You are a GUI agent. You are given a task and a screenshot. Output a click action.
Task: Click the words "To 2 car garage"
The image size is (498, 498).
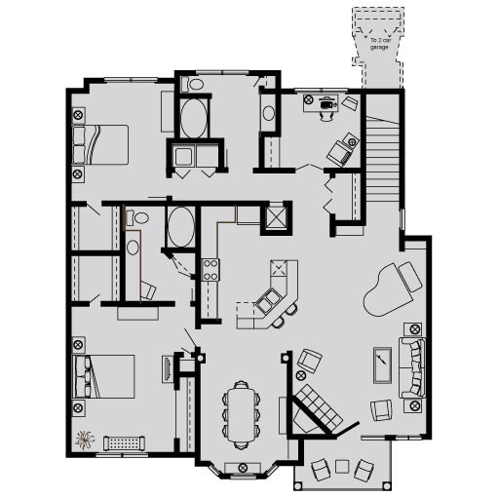[x=376, y=44]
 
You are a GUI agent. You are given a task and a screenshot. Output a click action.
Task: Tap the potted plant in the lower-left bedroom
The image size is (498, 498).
[x=85, y=441]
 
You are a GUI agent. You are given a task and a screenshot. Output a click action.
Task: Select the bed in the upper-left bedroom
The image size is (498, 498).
[x=103, y=145]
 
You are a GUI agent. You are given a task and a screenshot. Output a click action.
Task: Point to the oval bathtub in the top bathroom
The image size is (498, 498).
[x=193, y=122]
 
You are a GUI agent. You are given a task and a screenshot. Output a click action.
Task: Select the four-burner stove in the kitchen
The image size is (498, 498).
[x=209, y=269]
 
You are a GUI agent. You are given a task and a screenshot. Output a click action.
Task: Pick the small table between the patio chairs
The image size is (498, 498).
[x=341, y=465]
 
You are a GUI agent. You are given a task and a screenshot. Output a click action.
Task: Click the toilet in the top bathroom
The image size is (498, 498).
[x=194, y=86]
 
